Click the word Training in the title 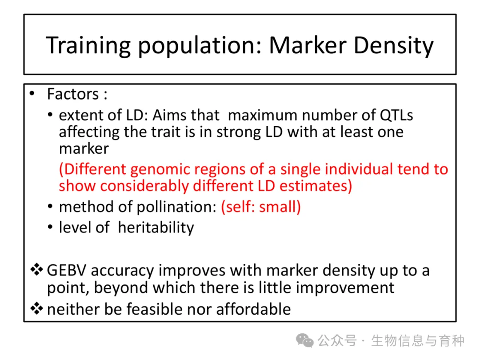(x=88, y=46)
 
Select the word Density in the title (x=394, y=46)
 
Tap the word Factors (x=73, y=94)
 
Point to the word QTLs (x=396, y=116)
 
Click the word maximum (x=262, y=116)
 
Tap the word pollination (x=176, y=207)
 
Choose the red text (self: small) (x=261, y=207)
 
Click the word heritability (x=156, y=228)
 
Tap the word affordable (x=253, y=309)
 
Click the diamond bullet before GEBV (x=36, y=270)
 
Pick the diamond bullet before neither (x=36, y=308)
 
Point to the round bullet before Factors (x=32, y=94)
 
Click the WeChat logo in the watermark (x=304, y=341)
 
